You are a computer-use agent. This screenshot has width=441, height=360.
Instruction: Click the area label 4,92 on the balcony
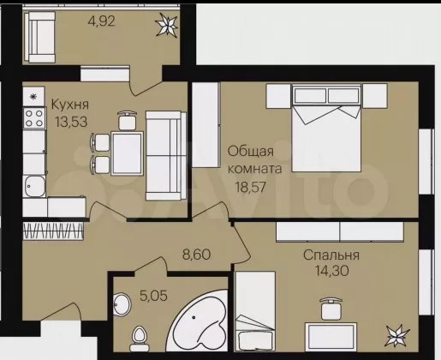(102, 21)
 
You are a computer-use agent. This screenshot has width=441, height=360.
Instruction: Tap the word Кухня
(70, 105)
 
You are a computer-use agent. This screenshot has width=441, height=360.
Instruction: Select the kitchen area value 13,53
(71, 122)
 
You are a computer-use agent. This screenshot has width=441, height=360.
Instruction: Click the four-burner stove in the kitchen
(34, 118)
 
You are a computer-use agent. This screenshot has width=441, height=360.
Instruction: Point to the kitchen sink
(33, 186)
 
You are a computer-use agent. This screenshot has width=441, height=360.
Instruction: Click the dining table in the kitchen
(127, 153)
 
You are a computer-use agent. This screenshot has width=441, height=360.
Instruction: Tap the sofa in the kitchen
(166, 156)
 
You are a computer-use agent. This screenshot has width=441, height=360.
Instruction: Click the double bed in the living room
(327, 128)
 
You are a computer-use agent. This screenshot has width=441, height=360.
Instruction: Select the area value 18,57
(250, 187)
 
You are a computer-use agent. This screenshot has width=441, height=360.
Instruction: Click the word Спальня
(331, 255)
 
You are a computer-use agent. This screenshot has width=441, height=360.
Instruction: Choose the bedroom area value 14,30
(331, 270)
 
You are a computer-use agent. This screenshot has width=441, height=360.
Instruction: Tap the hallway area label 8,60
(196, 255)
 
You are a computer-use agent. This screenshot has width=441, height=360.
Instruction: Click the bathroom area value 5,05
(153, 295)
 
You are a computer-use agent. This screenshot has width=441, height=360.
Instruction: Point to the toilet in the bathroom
(139, 339)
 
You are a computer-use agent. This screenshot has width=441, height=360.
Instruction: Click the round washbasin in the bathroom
(122, 304)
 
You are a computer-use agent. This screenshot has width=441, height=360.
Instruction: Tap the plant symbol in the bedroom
(398, 336)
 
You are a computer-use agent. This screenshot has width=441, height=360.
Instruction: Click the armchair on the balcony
(39, 37)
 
